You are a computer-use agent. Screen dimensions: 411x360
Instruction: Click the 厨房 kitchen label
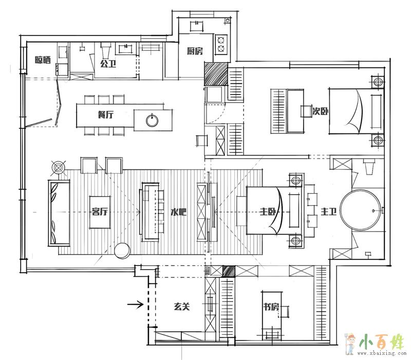(x=195, y=51)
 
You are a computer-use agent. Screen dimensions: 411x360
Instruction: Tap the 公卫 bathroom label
(x=108, y=64)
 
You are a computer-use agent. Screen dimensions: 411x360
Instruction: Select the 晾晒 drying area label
(x=43, y=60)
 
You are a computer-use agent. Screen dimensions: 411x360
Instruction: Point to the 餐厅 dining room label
(x=106, y=115)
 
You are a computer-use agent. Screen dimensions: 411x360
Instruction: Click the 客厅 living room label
(x=100, y=212)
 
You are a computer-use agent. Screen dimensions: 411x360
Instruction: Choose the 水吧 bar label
(x=178, y=212)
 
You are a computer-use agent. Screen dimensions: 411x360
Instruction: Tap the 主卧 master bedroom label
(x=268, y=211)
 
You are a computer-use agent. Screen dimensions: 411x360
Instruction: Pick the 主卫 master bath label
(x=329, y=211)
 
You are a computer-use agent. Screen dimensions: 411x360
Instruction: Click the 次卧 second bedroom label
(x=320, y=111)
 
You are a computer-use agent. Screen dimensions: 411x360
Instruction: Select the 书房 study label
(x=271, y=307)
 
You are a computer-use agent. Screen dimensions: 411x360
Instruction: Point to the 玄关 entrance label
(x=182, y=306)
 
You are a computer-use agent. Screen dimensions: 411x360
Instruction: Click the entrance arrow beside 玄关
(x=135, y=304)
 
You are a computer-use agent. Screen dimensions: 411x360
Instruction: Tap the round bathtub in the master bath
(x=360, y=210)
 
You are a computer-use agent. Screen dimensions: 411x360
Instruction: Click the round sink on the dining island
(x=152, y=121)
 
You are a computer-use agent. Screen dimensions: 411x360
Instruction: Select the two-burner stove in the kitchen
(x=221, y=44)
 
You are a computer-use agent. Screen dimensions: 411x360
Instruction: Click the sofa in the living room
(x=59, y=213)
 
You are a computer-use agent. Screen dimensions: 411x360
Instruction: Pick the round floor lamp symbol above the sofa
(x=59, y=167)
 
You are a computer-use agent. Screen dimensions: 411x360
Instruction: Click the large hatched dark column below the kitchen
(x=216, y=74)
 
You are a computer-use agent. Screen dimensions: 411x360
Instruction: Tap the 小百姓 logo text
(x=382, y=342)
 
